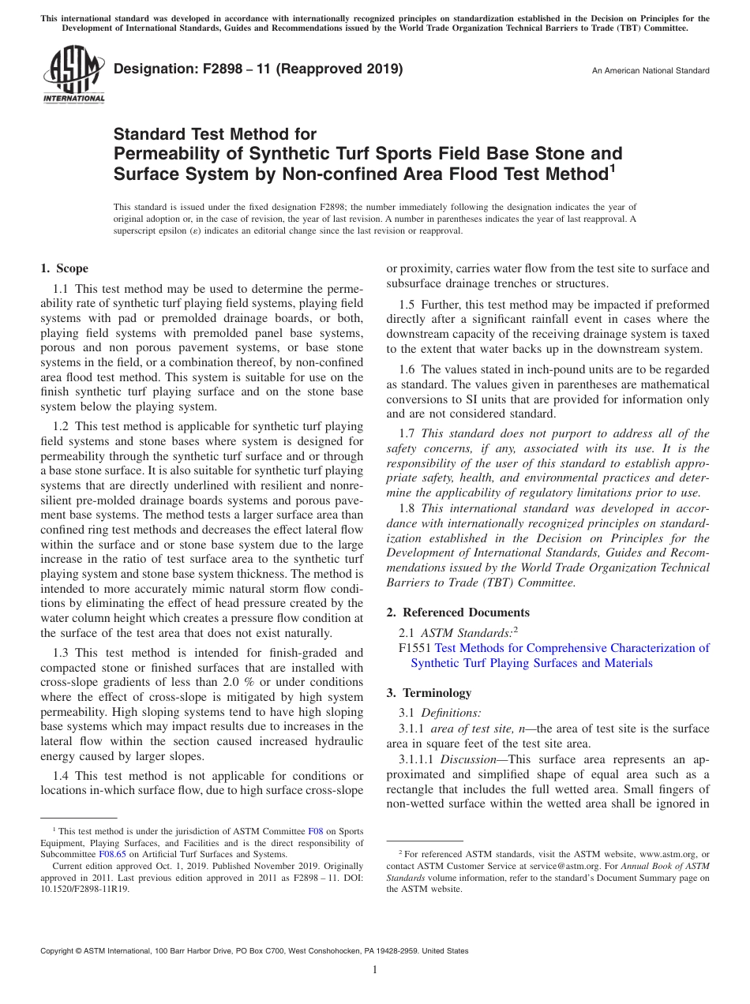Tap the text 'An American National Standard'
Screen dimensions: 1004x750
click(651, 71)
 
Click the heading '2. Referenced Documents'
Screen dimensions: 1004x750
click(458, 613)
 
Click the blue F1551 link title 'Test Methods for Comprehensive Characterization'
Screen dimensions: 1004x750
click(572, 648)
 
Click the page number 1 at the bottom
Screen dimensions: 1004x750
click(375, 970)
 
